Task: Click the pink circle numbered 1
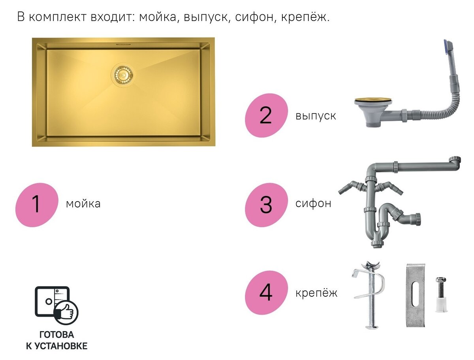coord(36,205)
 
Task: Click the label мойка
coord(83,204)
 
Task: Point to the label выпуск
coord(315,116)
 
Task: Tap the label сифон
coord(313,204)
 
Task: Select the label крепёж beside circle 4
coord(316,293)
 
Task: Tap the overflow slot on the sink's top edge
coord(123,45)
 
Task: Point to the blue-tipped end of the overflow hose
coord(448,47)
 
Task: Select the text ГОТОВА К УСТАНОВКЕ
coord(56,340)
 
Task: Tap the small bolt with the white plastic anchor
coord(440,294)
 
